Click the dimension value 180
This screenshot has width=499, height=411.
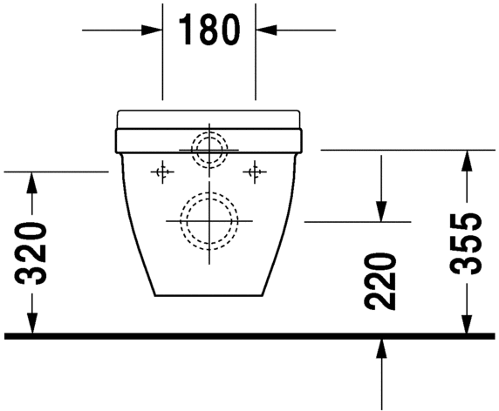pyautogui.click(x=208, y=30)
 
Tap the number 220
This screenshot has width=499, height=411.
pyautogui.click(x=381, y=281)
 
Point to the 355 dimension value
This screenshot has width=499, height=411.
pyautogui.click(x=468, y=243)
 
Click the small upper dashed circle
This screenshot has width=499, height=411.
pyautogui.click(x=208, y=149)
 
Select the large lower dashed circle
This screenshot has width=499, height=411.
pyautogui.click(x=208, y=219)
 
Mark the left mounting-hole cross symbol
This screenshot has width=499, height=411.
pyautogui.click(x=160, y=172)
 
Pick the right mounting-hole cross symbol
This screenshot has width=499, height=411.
pyautogui.click(x=256, y=172)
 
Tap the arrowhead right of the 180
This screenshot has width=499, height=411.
pyautogui.click(x=265, y=30)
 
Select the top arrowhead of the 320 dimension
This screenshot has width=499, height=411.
pyautogui.click(x=32, y=181)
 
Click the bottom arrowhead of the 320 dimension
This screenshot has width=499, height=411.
pyautogui.click(x=32, y=324)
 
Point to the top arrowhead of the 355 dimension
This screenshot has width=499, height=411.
pyautogui.click(x=468, y=159)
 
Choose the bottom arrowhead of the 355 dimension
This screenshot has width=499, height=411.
pyautogui.click(x=468, y=324)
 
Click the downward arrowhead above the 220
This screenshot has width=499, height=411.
pyautogui.click(x=381, y=212)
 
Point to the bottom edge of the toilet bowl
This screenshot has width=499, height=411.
pyautogui.click(x=208, y=294)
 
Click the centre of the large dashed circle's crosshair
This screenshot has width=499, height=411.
pyautogui.click(x=208, y=219)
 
